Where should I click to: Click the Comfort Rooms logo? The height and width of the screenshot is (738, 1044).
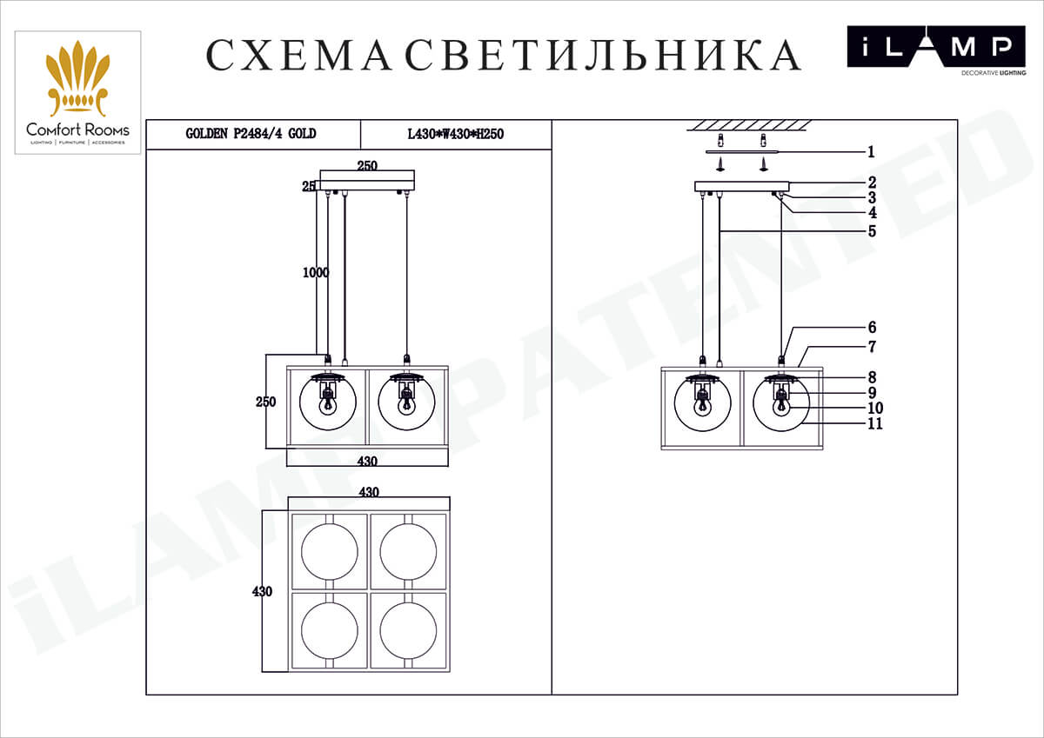[77, 93]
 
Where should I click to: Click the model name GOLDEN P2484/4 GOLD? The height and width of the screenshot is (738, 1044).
[251, 134]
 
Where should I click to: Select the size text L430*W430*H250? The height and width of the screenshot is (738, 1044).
[456, 135]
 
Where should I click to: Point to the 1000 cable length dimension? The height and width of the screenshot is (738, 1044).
[316, 272]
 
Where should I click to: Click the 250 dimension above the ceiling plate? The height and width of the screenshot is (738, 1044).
[368, 165]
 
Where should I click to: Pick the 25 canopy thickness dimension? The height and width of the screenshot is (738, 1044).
[308, 186]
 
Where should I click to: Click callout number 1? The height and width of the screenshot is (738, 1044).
[871, 152]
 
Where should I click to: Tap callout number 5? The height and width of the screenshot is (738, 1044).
[871, 232]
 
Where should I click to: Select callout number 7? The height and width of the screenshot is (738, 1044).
[872, 347]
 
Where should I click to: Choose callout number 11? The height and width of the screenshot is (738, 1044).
[874, 424]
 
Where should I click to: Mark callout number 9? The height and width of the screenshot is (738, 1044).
[872, 393]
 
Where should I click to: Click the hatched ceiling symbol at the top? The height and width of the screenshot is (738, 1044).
[749, 126]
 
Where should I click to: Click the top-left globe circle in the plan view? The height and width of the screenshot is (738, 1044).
[329, 550]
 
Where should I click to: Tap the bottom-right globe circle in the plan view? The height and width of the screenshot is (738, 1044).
[408, 630]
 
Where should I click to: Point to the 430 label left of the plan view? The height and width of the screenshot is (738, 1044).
[262, 592]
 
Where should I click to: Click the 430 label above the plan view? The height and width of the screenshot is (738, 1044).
[368, 492]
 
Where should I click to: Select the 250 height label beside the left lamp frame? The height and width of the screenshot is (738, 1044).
[265, 402]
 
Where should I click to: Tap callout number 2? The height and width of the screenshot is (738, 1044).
[871, 183]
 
